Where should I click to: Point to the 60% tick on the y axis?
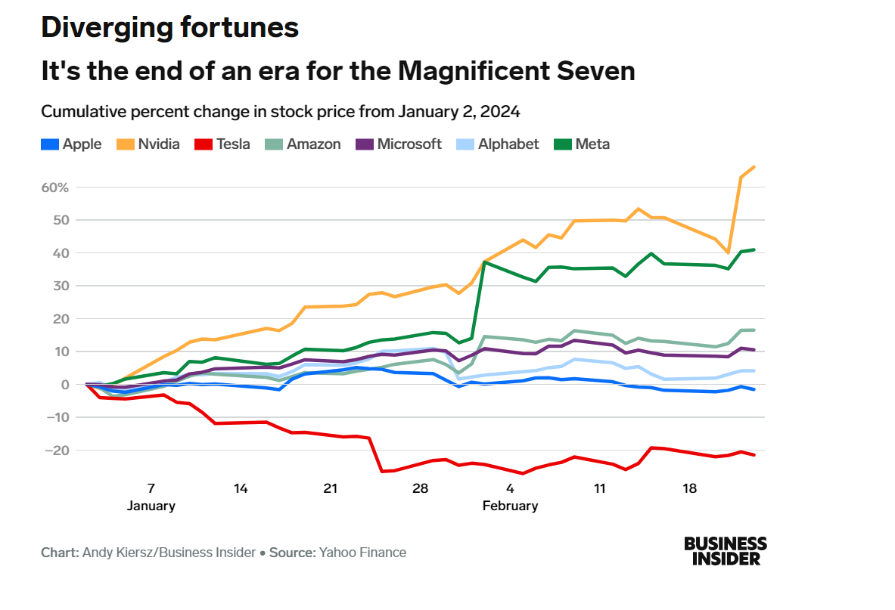pyautogui.click(x=59, y=187)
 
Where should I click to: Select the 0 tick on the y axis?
pyautogui.click(x=66, y=385)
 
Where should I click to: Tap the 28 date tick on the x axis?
pyautogui.click(x=421, y=489)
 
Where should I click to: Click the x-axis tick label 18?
pyautogui.click(x=690, y=489)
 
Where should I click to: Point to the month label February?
pyautogui.click(x=510, y=506)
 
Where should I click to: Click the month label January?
pyautogui.click(x=151, y=506)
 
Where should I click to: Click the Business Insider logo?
pyautogui.click(x=725, y=551)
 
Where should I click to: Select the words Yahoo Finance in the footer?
pyautogui.click(x=362, y=553)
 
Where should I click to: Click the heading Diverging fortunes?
pyautogui.click(x=169, y=27)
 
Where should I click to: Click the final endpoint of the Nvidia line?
pyautogui.click(x=754, y=167)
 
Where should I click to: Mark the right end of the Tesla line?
pyautogui.click(x=754, y=454)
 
